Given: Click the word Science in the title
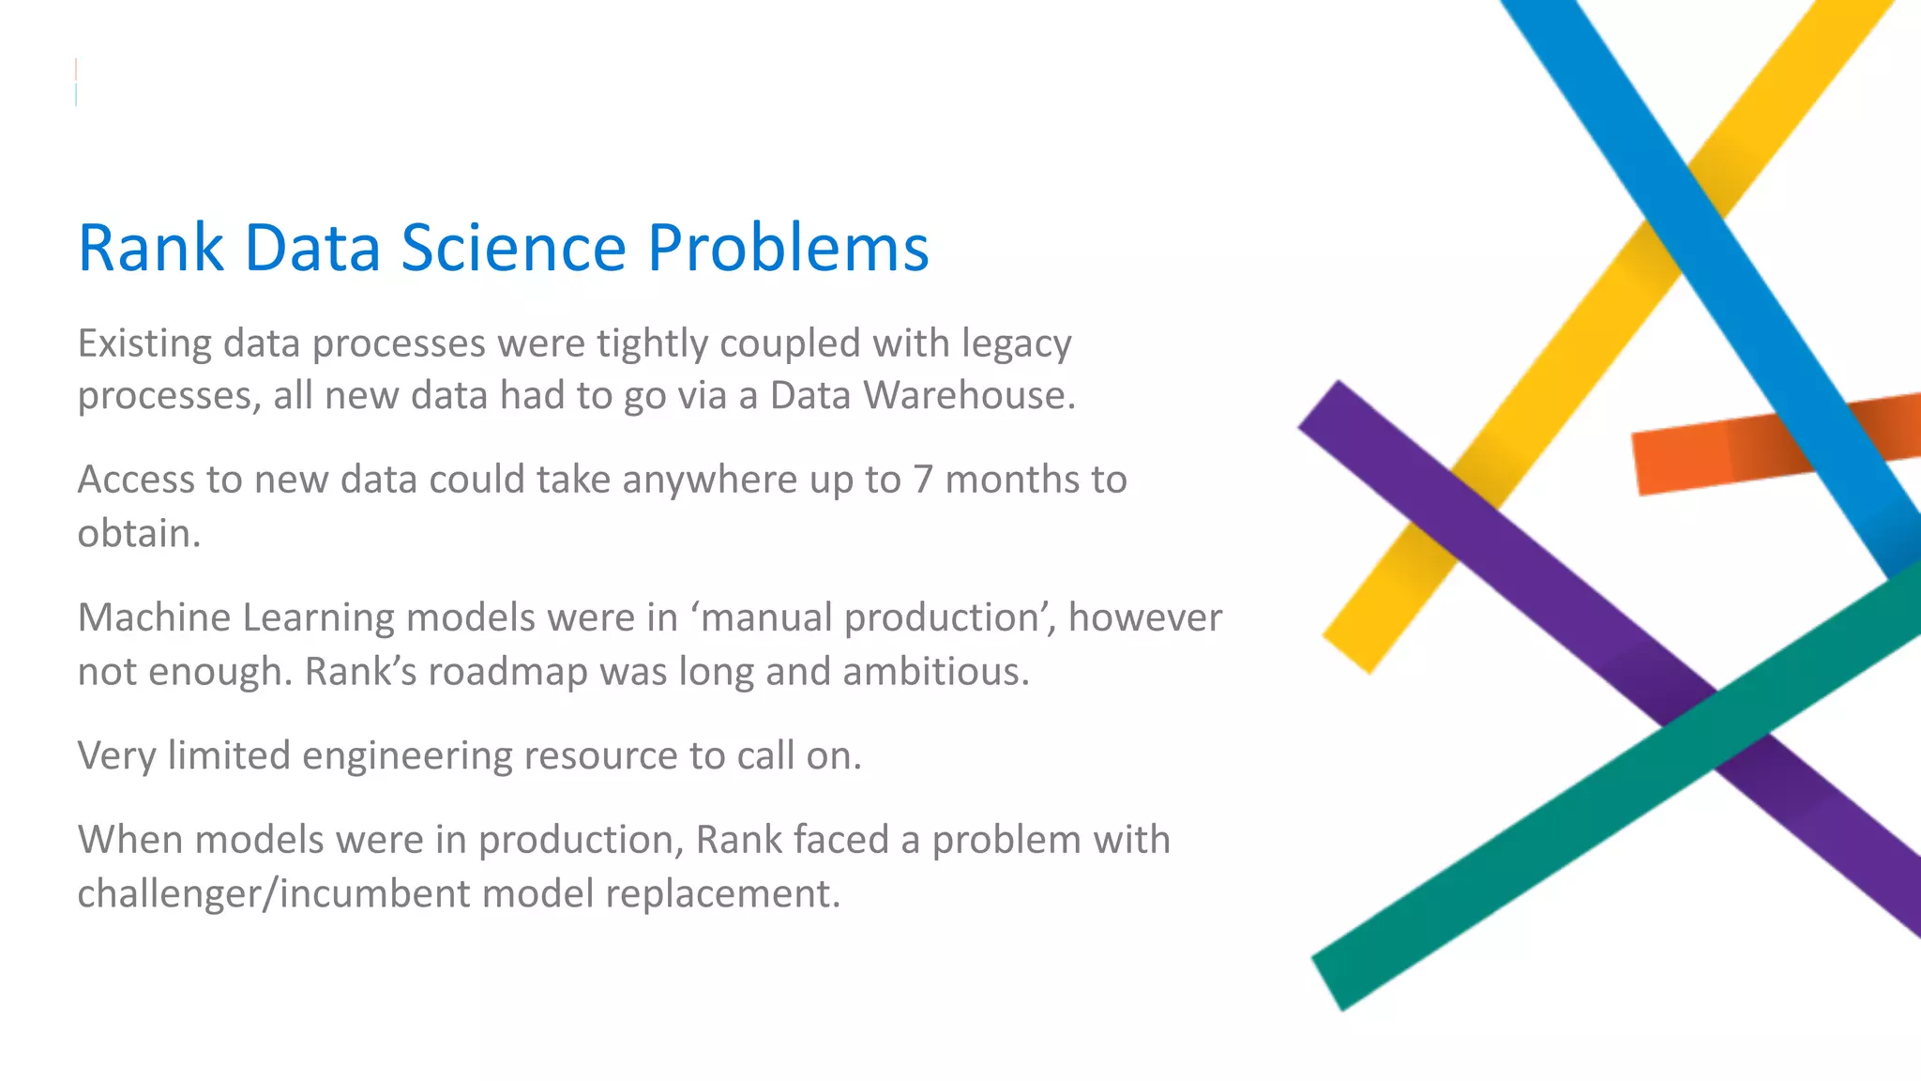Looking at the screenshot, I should [x=513, y=248].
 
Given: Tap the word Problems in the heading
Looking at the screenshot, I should [x=788, y=248].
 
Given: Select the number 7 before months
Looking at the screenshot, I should [x=923, y=480].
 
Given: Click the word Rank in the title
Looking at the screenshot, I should [x=150, y=248].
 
